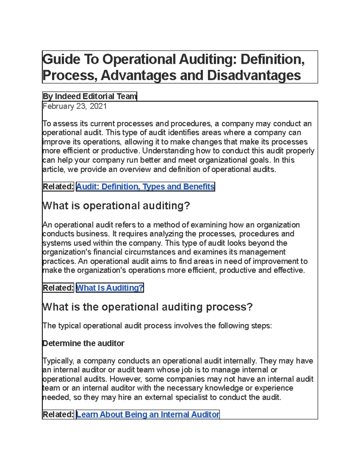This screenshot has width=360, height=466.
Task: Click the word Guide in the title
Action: pyautogui.click(x=61, y=59)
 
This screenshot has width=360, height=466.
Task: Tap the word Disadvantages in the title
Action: pyautogui.click(x=254, y=75)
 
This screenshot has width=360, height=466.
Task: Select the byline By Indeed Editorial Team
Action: pyautogui.click(x=89, y=96)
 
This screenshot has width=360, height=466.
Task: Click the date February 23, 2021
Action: pyautogui.click(x=75, y=106)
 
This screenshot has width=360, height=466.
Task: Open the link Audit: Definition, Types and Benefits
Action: pyautogui.click(x=145, y=187)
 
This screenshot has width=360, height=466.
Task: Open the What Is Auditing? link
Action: pyautogui.click(x=110, y=288)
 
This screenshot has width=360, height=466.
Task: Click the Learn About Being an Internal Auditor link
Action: pyautogui.click(x=148, y=414)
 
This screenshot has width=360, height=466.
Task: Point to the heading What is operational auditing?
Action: pyautogui.click(x=116, y=206)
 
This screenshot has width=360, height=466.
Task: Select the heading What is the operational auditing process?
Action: pyautogui.click(x=148, y=307)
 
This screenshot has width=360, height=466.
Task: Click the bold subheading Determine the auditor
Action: pyautogui.click(x=83, y=343)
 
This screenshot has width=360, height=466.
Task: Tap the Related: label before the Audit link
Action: pyautogui.click(x=58, y=187)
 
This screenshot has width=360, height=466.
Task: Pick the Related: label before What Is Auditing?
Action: pyautogui.click(x=58, y=288)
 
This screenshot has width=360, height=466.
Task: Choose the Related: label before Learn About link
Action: pyautogui.click(x=58, y=414)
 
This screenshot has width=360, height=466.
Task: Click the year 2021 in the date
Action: pyautogui.click(x=98, y=106)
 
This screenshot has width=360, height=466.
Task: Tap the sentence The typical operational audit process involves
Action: pyautogui.click(x=157, y=326)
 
